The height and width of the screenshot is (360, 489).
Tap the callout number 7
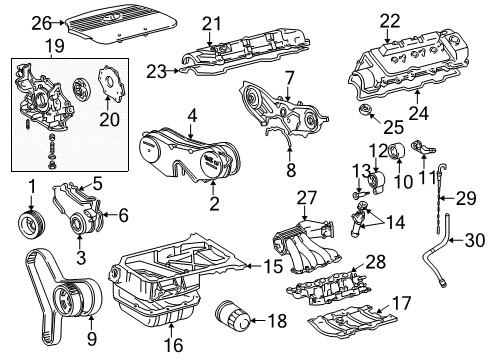288,78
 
